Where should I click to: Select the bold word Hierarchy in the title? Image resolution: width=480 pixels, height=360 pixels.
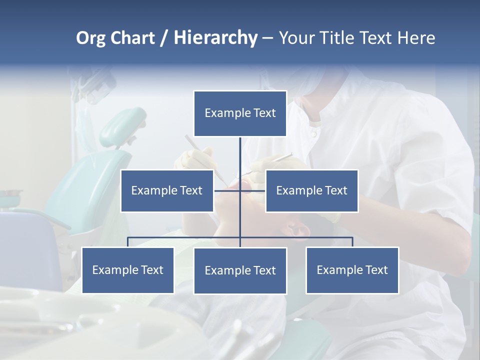click(x=215, y=38)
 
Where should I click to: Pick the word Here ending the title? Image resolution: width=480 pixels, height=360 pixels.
click(x=416, y=38)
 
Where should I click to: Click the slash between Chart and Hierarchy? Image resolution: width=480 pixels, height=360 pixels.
click(x=164, y=38)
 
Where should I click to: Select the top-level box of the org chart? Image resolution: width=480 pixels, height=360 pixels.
click(x=240, y=113)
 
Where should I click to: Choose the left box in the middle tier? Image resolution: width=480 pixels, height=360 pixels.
click(x=167, y=190)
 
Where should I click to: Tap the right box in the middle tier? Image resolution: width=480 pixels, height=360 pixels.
click(x=311, y=190)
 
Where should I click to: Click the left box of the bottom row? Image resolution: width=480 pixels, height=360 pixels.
click(x=128, y=270)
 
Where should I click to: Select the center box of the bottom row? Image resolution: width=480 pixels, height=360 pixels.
click(x=240, y=270)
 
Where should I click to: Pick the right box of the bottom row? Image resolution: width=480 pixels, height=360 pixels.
click(x=352, y=270)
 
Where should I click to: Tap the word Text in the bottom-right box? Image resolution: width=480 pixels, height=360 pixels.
click(x=376, y=270)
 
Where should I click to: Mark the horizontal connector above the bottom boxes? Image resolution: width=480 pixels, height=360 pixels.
click(x=185, y=237)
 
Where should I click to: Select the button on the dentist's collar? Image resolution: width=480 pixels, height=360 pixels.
click(x=313, y=133)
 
